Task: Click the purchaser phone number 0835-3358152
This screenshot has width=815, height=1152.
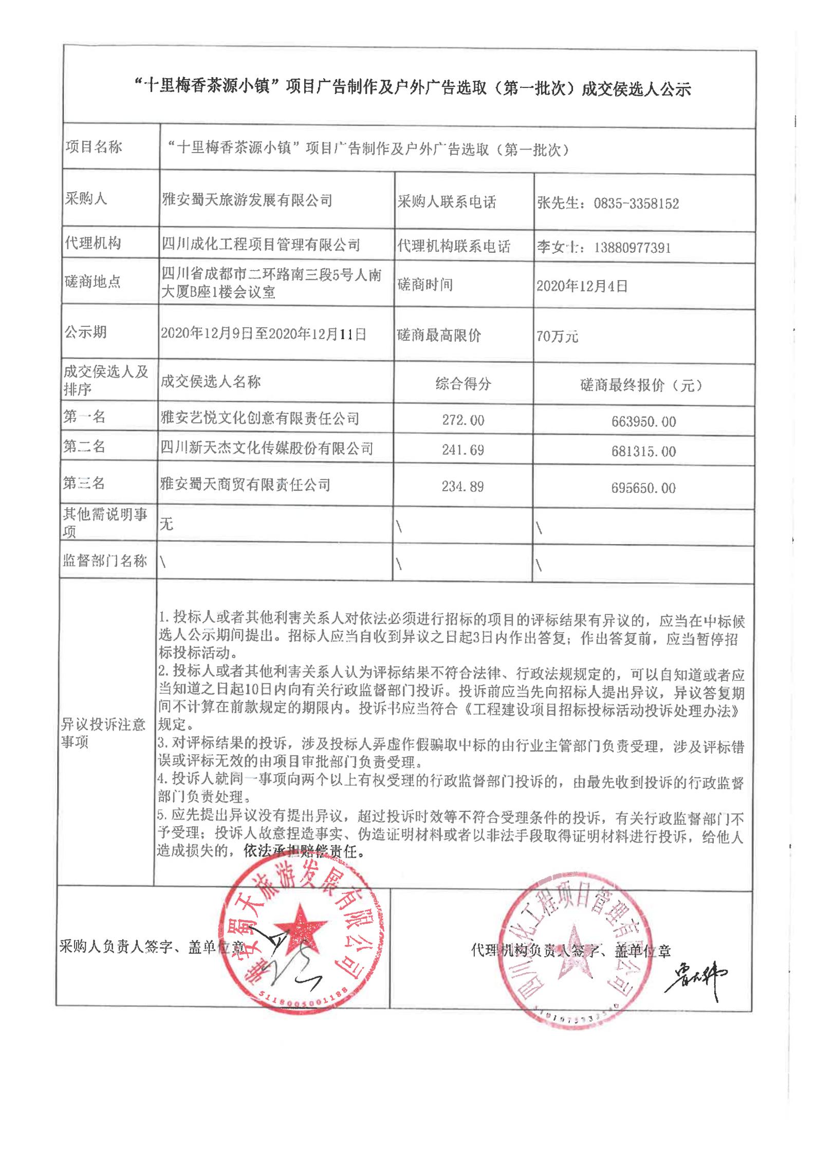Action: click(636, 204)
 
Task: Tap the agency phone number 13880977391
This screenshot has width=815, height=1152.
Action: click(632, 248)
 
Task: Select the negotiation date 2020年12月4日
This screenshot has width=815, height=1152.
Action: click(582, 287)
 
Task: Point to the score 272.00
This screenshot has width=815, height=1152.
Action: click(463, 420)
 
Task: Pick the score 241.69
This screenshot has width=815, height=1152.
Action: click(463, 450)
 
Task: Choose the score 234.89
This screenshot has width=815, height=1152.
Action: click(463, 487)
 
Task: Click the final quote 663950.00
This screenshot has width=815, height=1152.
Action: click(644, 422)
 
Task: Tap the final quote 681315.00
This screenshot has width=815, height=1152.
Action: click(644, 452)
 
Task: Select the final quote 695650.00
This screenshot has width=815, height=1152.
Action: click(644, 488)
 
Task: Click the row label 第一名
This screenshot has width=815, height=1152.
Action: click(84, 417)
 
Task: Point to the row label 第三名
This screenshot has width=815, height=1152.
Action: click(84, 483)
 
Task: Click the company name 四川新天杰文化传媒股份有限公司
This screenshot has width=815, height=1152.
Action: click(267, 449)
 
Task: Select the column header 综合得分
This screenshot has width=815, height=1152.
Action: click(463, 383)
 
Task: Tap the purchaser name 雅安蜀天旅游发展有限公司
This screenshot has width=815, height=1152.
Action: click(247, 200)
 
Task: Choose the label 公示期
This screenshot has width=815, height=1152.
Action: click(86, 332)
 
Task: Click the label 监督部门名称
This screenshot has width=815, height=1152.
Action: click(105, 561)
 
